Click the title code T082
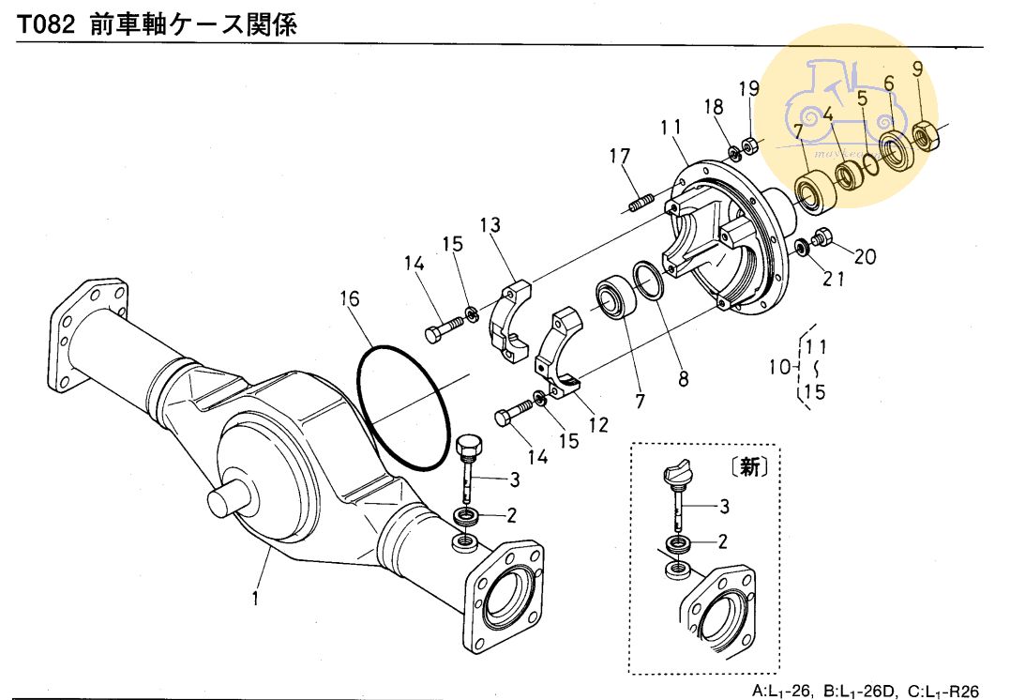[46, 25]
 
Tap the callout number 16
[349, 299]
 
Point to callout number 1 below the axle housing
[255, 597]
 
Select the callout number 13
[490, 226]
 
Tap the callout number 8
[683, 379]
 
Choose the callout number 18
[714, 107]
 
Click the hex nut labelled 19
[750, 145]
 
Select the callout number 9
[917, 68]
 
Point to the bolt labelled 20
[822, 236]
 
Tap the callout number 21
[836, 279]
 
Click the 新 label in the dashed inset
[750, 467]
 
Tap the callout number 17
[621, 157]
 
